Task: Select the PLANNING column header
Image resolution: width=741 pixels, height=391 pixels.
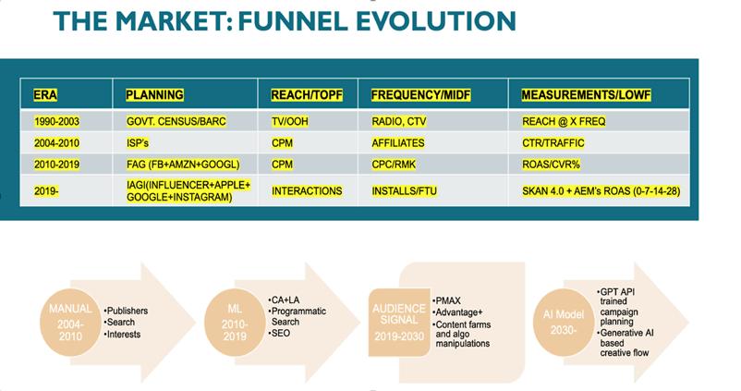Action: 154,95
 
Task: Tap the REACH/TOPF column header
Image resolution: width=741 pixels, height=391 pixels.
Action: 307,95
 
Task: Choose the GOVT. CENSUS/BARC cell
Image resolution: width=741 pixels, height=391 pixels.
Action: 175,122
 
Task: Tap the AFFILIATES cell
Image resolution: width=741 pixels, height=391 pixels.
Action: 398,143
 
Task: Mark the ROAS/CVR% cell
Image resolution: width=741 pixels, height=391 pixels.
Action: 553,165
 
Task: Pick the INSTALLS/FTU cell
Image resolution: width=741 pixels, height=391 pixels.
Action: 406,191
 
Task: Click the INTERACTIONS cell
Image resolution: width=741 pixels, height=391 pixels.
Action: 307,191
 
